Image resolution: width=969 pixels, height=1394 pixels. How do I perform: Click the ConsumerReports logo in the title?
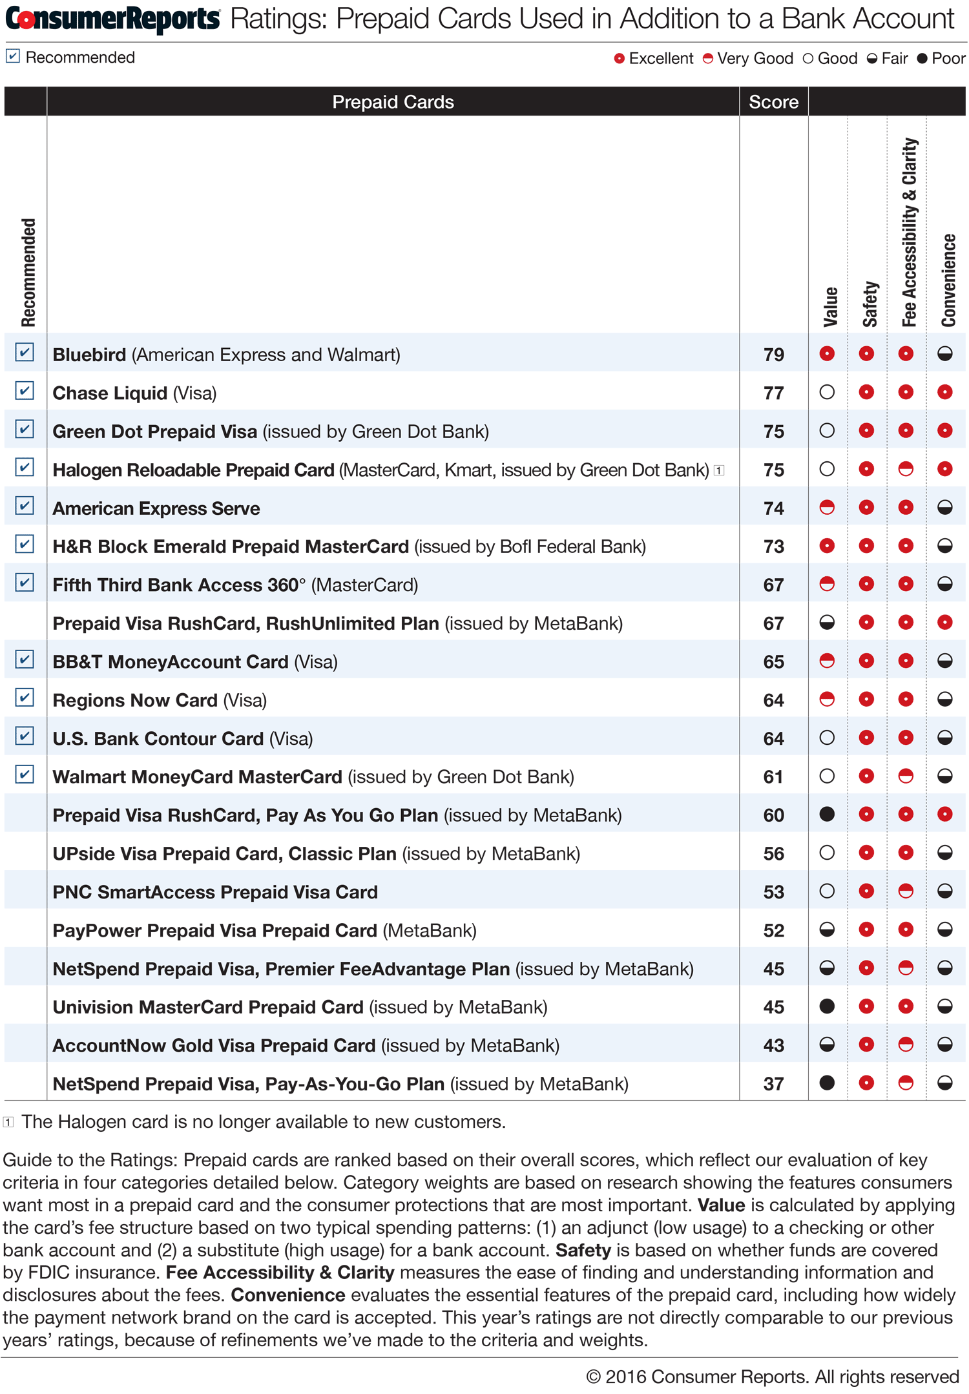click(112, 19)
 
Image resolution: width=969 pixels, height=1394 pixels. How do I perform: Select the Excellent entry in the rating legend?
click(653, 59)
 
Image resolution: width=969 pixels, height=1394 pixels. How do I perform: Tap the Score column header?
click(773, 102)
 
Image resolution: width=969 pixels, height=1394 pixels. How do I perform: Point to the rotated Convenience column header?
click(948, 280)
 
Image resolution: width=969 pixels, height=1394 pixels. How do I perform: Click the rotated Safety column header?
click(870, 304)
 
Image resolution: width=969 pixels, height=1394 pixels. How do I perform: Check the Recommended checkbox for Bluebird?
click(25, 353)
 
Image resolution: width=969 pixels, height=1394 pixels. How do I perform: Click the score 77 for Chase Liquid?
click(773, 393)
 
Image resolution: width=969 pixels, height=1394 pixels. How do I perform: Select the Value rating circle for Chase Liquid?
click(827, 392)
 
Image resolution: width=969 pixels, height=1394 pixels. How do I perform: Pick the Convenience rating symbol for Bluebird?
click(945, 353)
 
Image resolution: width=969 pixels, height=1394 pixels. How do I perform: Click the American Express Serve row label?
click(156, 508)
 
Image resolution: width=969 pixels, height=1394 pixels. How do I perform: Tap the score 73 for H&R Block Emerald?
click(773, 546)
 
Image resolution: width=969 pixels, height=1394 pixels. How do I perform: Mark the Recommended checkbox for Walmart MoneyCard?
click(25, 775)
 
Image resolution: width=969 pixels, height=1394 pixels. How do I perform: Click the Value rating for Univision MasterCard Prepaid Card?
click(827, 1006)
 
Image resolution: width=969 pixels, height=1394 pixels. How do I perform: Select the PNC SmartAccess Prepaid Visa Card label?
click(215, 892)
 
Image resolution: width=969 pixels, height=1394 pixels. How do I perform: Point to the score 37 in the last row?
click(773, 1084)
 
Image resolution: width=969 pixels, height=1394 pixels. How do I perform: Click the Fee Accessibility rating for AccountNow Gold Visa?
click(906, 1045)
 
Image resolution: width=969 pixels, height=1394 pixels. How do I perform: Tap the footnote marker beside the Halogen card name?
click(719, 470)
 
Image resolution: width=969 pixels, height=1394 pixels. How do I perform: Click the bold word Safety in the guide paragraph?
click(583, 1250)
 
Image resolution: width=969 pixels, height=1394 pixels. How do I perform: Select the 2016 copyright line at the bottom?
click(772, 1377)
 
